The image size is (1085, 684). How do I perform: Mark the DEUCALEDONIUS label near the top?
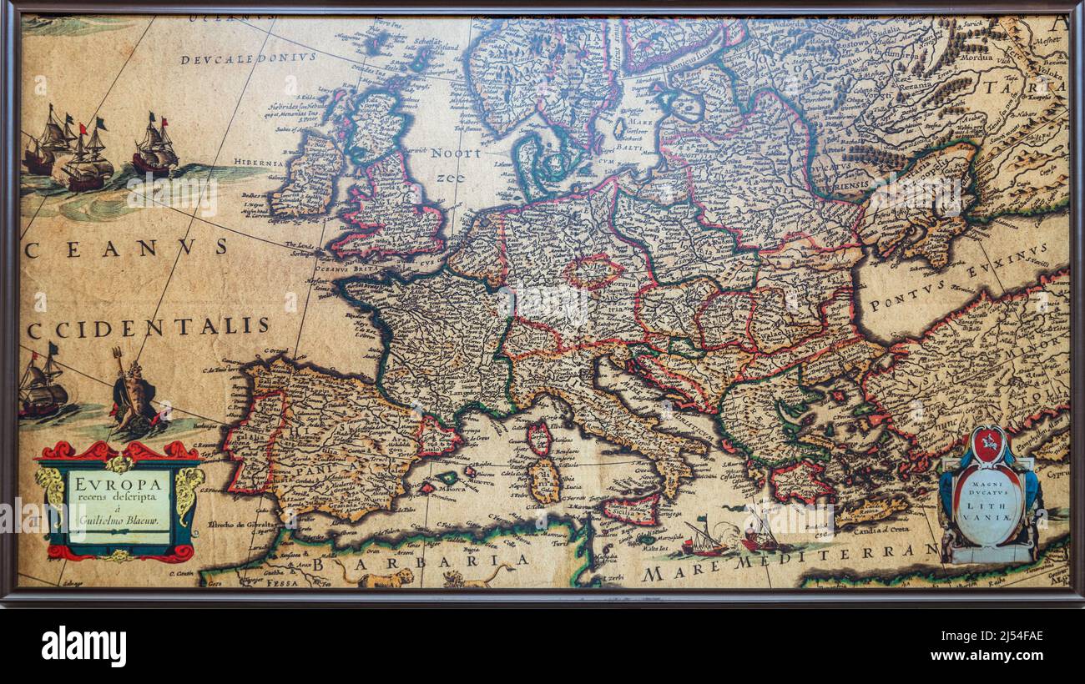coord(249,58)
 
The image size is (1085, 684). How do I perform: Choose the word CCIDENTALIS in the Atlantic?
coord(149,326)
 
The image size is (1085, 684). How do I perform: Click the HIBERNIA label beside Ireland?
coord(258,163)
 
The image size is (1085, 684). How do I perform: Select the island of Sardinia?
coord(544,480)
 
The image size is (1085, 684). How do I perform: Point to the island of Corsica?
coord(538,436)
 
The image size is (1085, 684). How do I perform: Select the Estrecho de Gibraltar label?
coord(242,525)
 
